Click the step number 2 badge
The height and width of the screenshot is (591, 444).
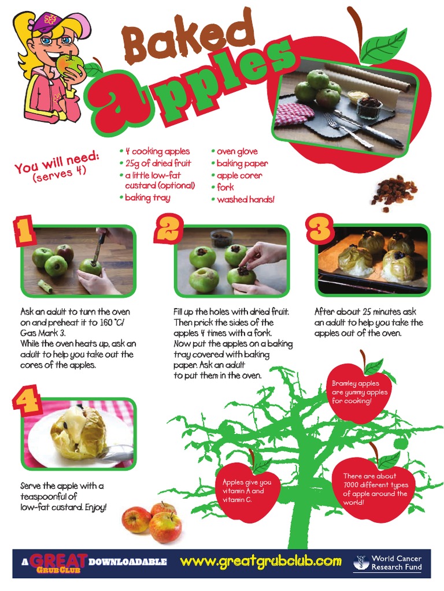pos(168,229)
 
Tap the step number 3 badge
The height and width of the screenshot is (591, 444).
pos(320,229)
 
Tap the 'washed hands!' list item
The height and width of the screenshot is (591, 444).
pos(243,199)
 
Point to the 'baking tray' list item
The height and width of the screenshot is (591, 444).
pos(145,198)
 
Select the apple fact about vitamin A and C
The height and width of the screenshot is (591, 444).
pos(248,490)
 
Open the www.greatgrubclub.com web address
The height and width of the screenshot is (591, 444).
pos(261,562)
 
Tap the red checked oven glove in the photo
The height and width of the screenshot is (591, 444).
pos(295,114)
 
